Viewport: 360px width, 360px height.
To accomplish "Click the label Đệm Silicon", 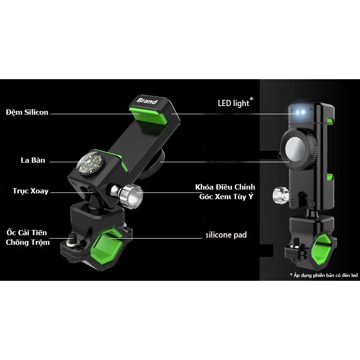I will [x=27, y=112].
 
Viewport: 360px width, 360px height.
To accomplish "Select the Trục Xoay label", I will [x=31, y=191].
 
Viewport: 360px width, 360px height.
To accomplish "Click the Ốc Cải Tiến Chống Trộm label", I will [x=27, y=237].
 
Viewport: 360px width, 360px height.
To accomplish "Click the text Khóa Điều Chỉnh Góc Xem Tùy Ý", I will [x=225, y=191].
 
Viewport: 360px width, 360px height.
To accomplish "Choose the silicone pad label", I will [x=226, y=235].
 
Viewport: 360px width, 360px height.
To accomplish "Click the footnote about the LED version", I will [x=324, y=275].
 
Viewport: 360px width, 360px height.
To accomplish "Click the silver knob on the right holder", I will [x=279, y=194].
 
